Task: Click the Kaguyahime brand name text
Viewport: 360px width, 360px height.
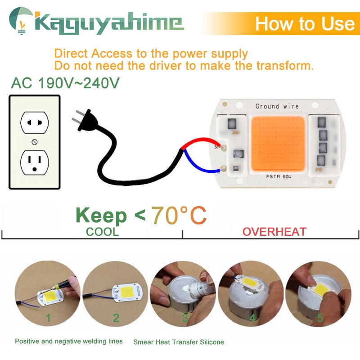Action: tap(108, 23)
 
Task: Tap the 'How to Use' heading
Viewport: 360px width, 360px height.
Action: tap(305, 23)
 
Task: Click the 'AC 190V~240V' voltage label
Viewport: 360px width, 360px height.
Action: tap(65, 83)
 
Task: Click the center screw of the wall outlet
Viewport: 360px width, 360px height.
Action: tap(34, 142)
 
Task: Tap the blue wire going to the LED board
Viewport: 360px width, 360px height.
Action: tap(202, 167)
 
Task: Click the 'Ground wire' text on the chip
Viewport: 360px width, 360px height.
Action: tap(277, 107)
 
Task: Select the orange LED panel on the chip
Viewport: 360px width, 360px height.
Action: tap(278, 144)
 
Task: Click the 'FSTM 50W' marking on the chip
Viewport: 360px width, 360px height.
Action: tap(279, 177)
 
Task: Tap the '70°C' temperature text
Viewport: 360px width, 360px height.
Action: tap(179, 216)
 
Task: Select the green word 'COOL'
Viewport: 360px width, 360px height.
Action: tap(103, 232)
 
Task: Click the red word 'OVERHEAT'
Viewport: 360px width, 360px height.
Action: tap(274, 232)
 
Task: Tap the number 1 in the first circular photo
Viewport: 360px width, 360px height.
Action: tap(48, 318)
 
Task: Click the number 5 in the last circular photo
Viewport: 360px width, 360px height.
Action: tap(320, 318)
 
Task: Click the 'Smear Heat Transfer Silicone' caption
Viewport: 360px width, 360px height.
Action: tap(179, 342)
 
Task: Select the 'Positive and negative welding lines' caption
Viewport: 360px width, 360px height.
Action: tap(69, 341)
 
